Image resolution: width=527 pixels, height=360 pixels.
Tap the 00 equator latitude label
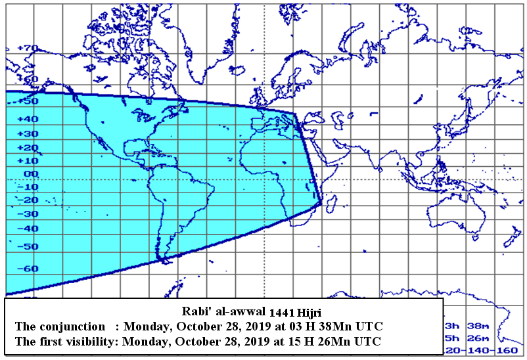tap(31, 174)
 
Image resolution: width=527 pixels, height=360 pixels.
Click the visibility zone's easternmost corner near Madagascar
tap(321, 203)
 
